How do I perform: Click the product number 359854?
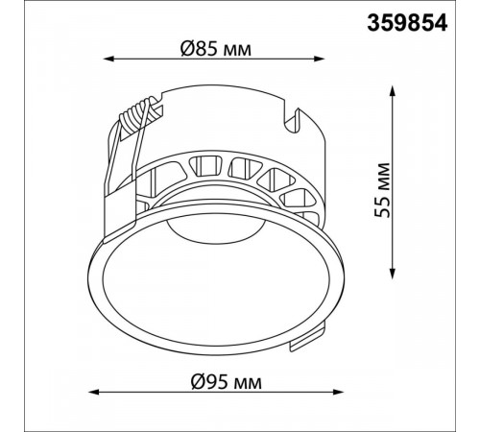[x=407, y=23]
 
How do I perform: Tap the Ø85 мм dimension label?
[x=216, y=49]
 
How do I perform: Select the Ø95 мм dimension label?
[x=227, y=382]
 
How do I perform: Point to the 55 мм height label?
[x=382, y=190]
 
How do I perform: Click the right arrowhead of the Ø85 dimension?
[x=320, y=59]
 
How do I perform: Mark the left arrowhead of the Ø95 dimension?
[x=94, y=392]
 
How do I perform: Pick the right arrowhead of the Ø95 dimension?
[x=338, y=392]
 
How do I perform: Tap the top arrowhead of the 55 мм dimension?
[x=393, y=91]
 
